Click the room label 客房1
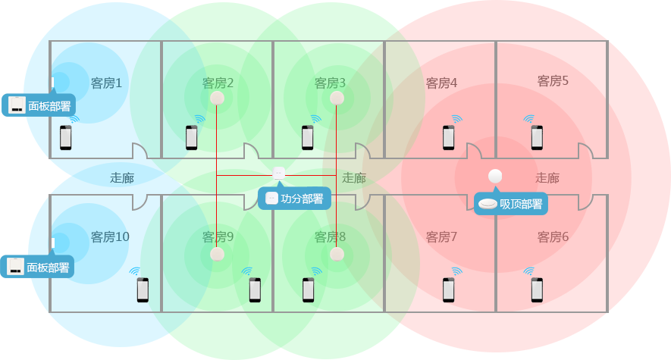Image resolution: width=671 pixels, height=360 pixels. pos(106,83)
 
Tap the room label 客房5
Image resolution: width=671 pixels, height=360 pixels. pos(553,80)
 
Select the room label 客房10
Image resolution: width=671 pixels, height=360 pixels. pos(110,237)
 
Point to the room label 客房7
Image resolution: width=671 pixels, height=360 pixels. pos(441,237)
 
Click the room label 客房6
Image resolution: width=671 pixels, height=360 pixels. pos(553,237)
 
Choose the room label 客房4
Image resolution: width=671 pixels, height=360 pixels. pos(441,83)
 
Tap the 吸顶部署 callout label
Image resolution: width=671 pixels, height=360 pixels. pos(512,203)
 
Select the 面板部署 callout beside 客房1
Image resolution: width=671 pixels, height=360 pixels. pos(41,105)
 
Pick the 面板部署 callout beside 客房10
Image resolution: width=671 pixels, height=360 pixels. pos(39,267)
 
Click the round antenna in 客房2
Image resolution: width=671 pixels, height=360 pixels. pos(218,98)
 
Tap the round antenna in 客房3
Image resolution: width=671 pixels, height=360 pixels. pos(337,98)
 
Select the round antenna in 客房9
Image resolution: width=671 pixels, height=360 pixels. pos(218,254)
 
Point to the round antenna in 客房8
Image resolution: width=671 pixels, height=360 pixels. pos(337,254)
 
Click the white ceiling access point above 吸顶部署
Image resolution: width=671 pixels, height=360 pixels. pos(496,177)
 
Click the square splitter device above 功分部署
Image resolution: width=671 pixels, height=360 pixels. pos(278,173)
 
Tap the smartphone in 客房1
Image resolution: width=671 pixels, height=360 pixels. pos(66,137)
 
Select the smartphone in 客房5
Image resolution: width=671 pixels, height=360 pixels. pos(537,137)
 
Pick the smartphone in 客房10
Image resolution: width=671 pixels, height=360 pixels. pos(143,290)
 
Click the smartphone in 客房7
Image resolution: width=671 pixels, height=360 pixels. pos(449,290)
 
